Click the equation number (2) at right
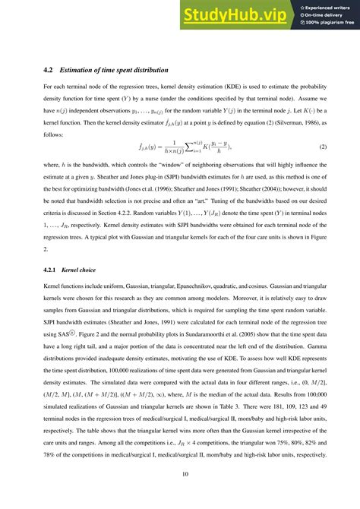click(x=322, y=146)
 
